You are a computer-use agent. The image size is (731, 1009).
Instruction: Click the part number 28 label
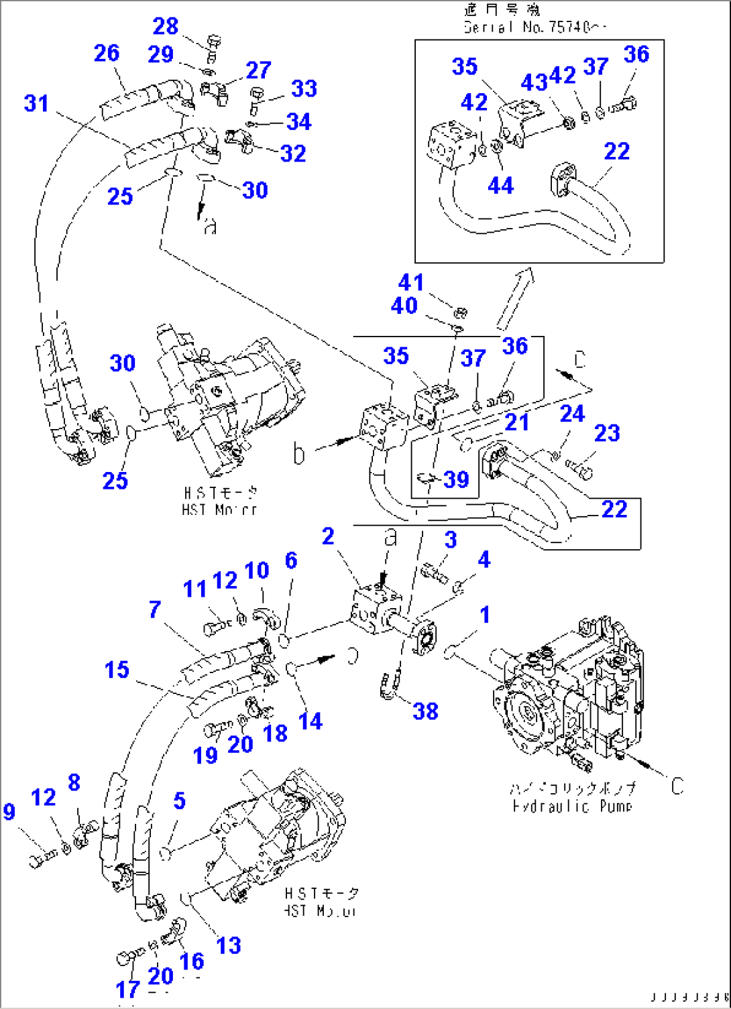click(166, 26)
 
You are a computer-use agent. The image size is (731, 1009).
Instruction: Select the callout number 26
click(107, 53)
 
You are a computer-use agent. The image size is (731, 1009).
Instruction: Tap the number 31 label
click(36, 103)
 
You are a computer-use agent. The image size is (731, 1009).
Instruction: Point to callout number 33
click(304, 88)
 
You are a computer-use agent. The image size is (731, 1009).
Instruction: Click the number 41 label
click(411, 282)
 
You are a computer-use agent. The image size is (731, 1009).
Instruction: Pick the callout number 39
click(456, 479)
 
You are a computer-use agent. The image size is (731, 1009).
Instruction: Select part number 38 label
click(426, 711)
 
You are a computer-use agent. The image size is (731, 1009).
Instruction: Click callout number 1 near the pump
click(485, 615)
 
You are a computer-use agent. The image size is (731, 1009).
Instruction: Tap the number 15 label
click(117, 669)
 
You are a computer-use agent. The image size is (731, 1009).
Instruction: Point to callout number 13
click(228, 945)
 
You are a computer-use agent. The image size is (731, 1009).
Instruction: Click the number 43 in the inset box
click(534, 82)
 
